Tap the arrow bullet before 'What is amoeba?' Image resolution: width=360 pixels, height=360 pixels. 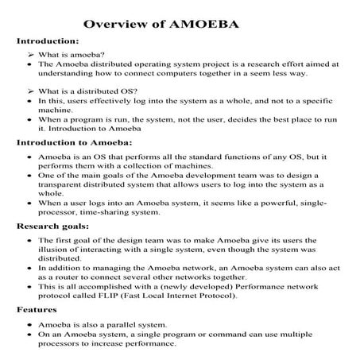(x=30, y=52)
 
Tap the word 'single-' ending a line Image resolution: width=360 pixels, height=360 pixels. (x=323, y=203)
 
